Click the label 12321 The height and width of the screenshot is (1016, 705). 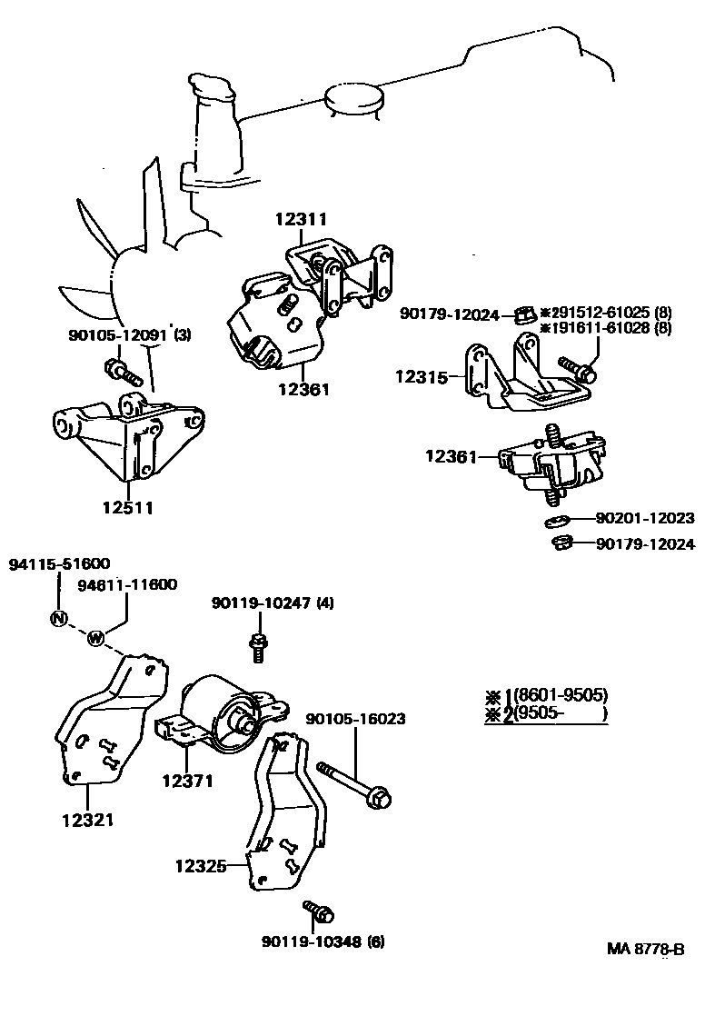(87, 820)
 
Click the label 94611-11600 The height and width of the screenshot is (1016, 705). (127, 585)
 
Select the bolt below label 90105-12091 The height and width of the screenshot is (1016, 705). (121, 371)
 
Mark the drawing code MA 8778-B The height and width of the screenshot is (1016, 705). (645, 950)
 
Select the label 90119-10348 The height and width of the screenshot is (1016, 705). (310, 941)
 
